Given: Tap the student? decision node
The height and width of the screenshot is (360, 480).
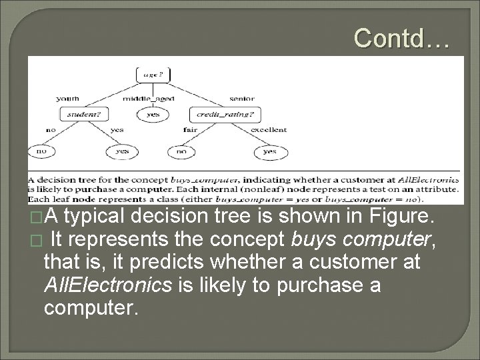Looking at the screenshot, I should pyautogui.click(x=84, y=114).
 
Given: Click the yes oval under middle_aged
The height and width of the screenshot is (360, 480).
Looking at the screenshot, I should pyautogui.click(x=152, y=114).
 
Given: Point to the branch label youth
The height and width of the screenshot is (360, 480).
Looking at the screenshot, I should pyautogui.click(x=69, y=99).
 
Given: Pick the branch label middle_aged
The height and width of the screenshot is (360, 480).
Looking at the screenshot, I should pyautogui.click(x=149, y=99).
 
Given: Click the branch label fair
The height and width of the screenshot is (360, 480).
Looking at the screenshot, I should pyautogui.click(x=189, y=130).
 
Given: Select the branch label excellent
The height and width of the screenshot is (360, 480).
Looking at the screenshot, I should pyautogui.click(x=269, y=130).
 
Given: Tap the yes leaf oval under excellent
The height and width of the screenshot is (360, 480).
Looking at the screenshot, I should pyautogui.click(x=269, y=151).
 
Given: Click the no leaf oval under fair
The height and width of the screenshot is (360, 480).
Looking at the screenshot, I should pyautogui.click(x=180, y=151).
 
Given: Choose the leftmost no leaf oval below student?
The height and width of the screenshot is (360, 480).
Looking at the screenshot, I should pyautogui.click(x=41, y=151).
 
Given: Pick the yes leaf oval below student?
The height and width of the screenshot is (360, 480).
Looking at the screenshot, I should pyautogui.click(x=121, y=151).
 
